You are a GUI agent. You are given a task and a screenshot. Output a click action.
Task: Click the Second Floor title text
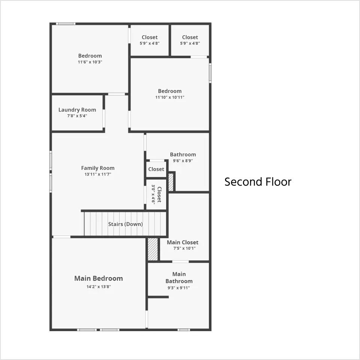tap(258, 182)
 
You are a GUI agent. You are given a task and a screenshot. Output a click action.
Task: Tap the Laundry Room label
tap(77, 110)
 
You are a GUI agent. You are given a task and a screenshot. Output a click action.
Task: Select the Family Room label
tap(98, 168)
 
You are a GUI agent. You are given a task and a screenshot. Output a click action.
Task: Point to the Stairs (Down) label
tap(126, 224)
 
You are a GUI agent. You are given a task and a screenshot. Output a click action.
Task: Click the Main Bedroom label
tap(99, 279)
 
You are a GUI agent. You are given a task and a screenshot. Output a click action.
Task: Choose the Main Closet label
tap(183, 243)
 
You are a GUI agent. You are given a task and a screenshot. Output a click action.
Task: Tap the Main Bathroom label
tap(179, 277)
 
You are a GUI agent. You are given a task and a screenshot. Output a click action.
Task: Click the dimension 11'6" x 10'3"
tap(90, 62)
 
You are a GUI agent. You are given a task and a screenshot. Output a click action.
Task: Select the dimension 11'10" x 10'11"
tap(170, 97)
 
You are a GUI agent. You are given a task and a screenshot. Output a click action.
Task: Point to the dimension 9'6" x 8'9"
tap(183, 161)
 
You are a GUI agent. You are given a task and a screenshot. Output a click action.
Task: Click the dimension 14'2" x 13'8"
tap(99, 287)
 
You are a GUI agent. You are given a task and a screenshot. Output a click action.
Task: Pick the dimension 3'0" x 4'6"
tap(153, 194)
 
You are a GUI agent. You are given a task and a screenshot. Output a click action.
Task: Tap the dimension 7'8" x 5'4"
tap(77, 116)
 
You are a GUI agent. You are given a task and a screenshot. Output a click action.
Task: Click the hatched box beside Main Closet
tap(153, 249)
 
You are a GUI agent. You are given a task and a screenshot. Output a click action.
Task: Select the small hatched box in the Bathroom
tap(171, 182)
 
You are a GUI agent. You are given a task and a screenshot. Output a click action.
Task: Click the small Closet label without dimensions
tap(156, 169)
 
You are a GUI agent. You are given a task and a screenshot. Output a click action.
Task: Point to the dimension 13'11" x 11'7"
tap(98, 174)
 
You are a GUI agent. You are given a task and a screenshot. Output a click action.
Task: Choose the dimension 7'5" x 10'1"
tap(184, 248)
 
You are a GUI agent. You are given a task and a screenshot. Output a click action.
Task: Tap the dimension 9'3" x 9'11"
tap(178, 288)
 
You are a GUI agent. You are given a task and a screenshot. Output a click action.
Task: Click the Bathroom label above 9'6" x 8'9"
tap(183, 154)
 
